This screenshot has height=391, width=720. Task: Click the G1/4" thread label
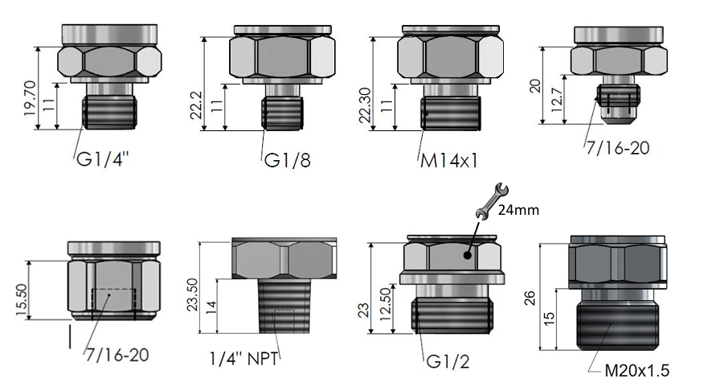102,159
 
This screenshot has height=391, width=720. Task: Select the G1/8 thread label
288,160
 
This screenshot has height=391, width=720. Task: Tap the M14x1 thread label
448,161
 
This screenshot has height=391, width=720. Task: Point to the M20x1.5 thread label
636,370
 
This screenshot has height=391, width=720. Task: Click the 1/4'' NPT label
243,358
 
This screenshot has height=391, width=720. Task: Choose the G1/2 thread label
448,362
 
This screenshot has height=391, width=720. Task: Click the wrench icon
492,200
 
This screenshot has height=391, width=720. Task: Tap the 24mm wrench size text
518,210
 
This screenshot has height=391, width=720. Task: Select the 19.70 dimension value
29,98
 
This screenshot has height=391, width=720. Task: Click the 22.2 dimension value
196,105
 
